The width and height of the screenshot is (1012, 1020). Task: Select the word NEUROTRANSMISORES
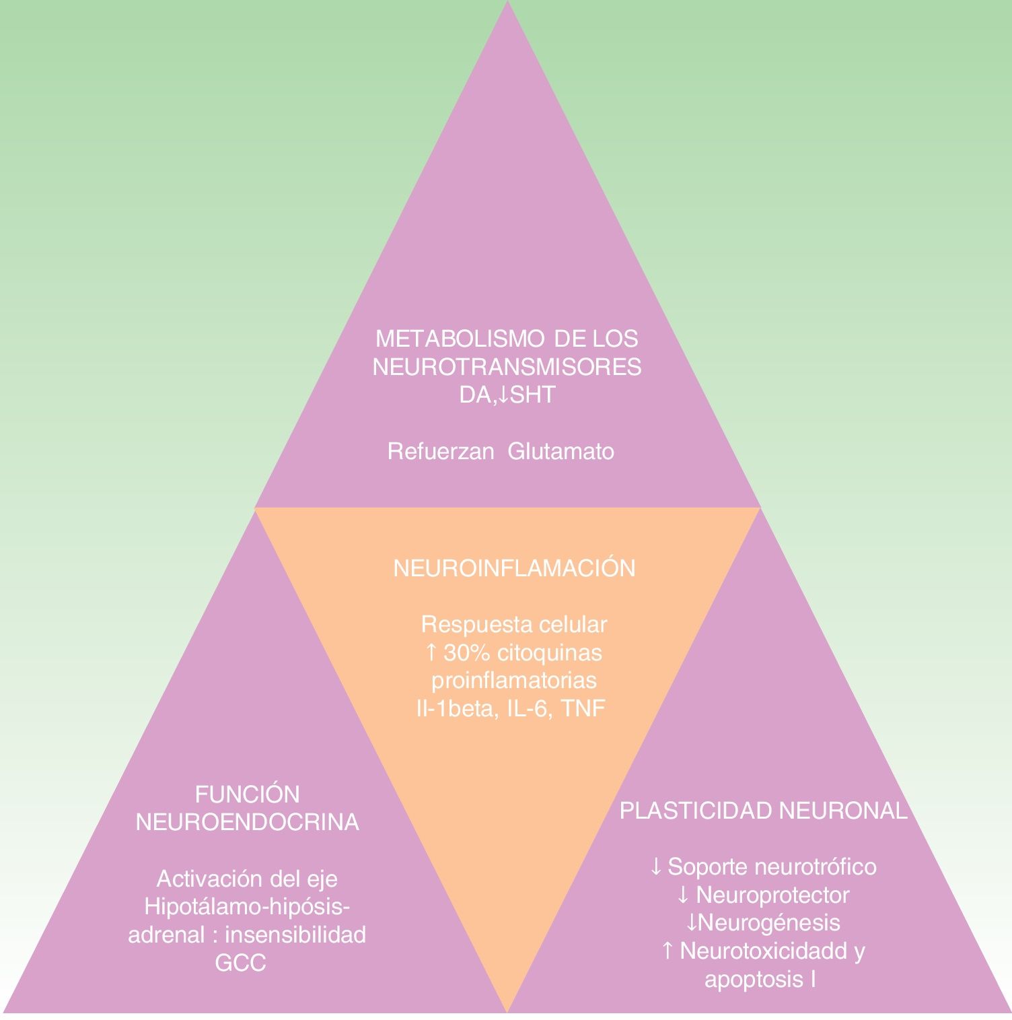coord(507,367)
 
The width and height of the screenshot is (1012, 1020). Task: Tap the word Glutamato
coord(561,451)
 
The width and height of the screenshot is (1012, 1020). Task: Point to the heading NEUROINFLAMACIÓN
coord(514,569)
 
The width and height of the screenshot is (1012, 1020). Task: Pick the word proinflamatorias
coord(513,680)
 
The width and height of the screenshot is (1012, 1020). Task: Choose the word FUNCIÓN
coord(247,794)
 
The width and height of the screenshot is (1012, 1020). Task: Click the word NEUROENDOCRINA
coord(247,823)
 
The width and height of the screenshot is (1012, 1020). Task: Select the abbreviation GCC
coord(240,963)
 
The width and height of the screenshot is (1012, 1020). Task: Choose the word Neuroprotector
coord(772,895)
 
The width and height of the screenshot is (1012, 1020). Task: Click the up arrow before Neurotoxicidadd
coord(667,951)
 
